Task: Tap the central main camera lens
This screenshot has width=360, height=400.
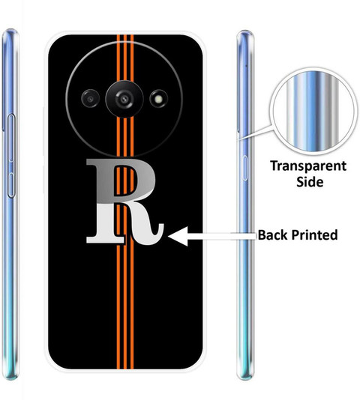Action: click(x=124, y=99)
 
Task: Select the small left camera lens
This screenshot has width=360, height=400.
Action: click(x=90, y=99)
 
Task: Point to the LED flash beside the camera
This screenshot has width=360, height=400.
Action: click(x=159, y=99)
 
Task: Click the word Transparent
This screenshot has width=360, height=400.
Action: click(x=308, y=166)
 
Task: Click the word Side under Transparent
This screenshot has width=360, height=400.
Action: click(x=310, y=182)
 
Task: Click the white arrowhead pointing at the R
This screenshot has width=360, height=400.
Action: click(x=178, y=237)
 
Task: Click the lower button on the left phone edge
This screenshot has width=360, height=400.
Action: click(x=11, y=185)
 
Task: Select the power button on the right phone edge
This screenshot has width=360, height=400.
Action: click(x=244, y=168)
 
